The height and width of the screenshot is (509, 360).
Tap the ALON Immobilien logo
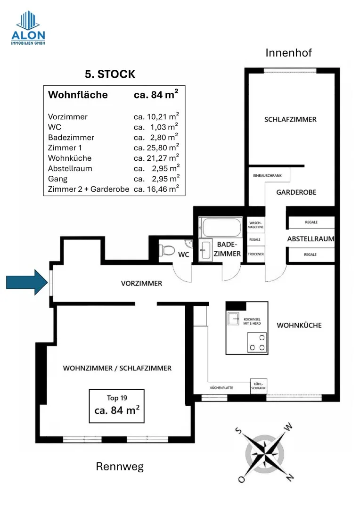coord(28,28)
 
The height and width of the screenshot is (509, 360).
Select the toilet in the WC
coord(167,250)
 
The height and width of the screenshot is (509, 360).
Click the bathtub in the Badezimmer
coord(221,227)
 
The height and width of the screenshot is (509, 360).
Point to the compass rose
coord(264,453)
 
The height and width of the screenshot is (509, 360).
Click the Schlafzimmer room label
coord(290,119)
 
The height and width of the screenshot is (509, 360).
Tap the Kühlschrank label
coord(258,386)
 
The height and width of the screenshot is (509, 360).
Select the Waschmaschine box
coord(255,225)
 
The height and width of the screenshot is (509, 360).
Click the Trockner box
coord(256,254)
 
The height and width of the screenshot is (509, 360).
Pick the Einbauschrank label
coord(268,176)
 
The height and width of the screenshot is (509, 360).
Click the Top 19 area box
coord(117,406)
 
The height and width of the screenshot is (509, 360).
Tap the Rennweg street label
coord(120,467)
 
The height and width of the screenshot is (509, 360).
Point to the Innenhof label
coord(288,53)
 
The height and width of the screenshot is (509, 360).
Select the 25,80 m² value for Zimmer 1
coord(156,148)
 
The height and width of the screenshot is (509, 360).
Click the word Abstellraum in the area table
coord(70,168)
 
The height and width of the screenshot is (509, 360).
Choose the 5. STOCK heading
coord(110,74)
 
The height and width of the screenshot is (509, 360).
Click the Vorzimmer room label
coord(141,283)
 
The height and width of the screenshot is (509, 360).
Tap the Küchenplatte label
coord(221,387)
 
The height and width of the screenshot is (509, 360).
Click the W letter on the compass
coord(288,427)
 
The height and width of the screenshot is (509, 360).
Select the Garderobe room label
coord(296,192)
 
